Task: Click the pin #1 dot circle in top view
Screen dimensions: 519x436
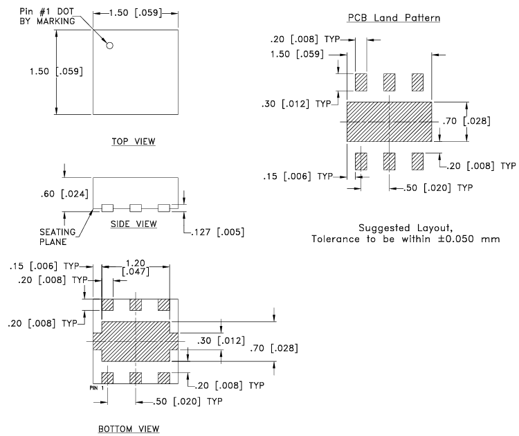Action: coord(109,46)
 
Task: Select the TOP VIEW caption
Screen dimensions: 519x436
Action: coord(134,141)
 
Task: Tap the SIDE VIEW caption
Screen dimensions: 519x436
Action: coord(134,224)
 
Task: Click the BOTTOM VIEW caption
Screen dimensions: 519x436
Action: coord(129,429)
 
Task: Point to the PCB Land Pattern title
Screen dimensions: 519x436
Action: coord(394,17)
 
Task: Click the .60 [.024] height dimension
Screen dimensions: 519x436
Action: coord(64,194)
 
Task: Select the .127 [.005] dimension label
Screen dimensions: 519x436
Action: coord(218,232)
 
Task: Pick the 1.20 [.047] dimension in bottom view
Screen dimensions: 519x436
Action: coord(136,268)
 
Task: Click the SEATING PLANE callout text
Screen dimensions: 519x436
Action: coord(57,237)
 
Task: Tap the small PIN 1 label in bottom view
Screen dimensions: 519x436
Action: coord(97,388)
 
